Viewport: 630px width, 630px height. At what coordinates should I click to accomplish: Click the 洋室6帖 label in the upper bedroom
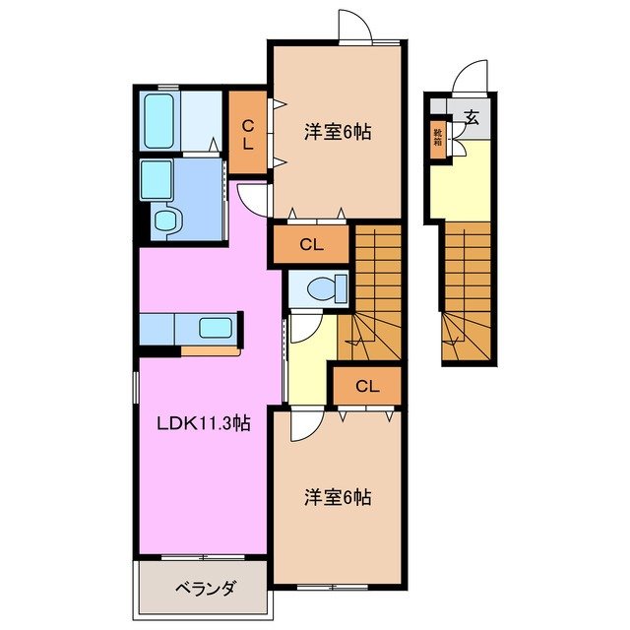pos(337,131)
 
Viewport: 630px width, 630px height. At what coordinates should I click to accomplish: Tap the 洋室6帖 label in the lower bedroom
pos(337,497)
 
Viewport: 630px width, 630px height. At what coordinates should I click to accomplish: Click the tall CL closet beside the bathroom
pos(249,132)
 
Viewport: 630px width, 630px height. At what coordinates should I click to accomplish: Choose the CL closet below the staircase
pos(366,385)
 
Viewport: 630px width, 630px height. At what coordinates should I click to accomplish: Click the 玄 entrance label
pos(472,117)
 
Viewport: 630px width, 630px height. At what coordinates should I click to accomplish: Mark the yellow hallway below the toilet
pos(307,364)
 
